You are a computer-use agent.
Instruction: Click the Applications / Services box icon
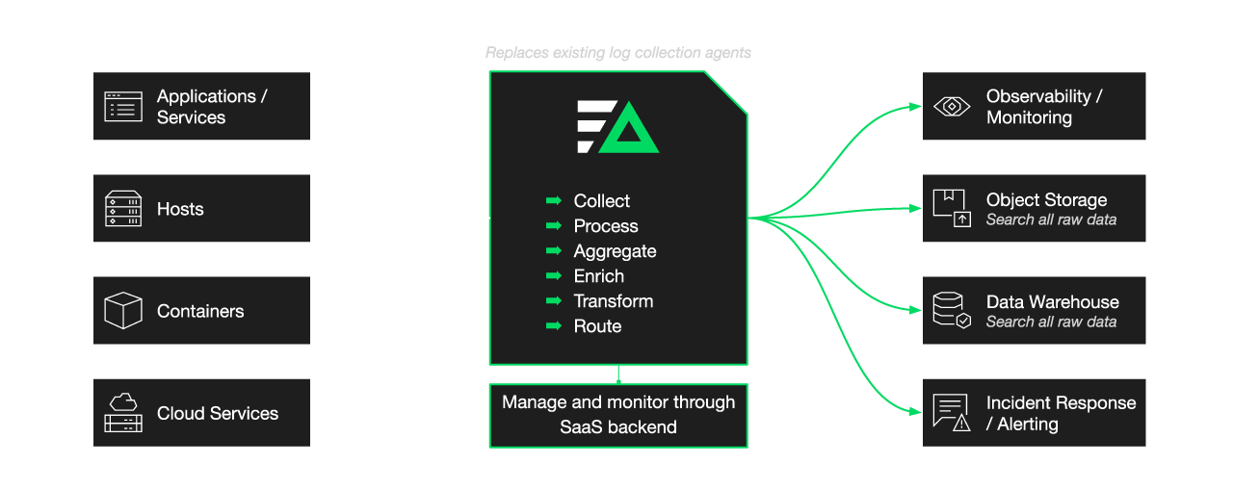(x=122, y=107)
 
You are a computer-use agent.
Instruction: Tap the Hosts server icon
(x=122, y=209)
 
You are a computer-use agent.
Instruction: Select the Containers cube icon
(x=122, y=311)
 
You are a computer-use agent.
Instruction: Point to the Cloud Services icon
(x=122, y=413)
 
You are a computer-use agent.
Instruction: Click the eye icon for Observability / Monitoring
(x=952, y=107)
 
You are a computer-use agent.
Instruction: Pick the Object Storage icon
(x=952, y=209)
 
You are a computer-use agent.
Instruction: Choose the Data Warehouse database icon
(x=952, y=311)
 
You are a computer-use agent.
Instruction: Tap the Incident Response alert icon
(x=952, y=413)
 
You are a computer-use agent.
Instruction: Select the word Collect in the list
(x=601, y=201)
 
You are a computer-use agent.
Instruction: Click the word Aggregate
(x=615, y=251)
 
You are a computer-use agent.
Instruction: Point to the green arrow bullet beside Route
(x=553, y=326)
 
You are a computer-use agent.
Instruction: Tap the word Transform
(x=613, y=301)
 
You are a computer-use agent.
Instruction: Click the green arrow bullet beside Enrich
(x=553, y=276)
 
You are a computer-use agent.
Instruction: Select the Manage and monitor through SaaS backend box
(x=618, y=415)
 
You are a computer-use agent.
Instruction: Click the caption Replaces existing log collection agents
(x=618, y=53)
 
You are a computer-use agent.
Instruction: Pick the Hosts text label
(x=180, y=209)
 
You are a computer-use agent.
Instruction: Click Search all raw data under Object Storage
(x=1051, y=219)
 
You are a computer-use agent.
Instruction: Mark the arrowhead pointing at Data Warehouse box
(x=915, y=310)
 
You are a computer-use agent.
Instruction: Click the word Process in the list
(x=606, y=226)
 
